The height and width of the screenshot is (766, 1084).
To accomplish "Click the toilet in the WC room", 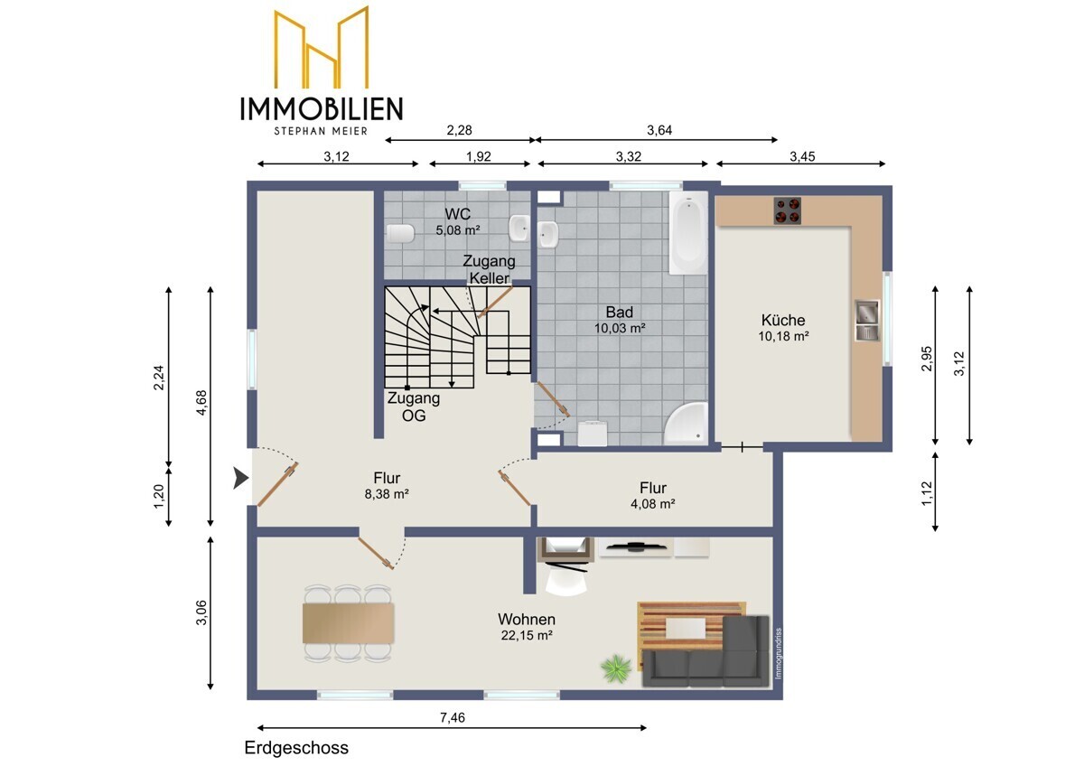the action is [400, 234].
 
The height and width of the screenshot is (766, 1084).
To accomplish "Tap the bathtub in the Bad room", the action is [688, 233].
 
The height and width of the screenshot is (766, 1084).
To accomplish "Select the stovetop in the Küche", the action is [787, 210].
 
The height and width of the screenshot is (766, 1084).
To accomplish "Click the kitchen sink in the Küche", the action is [866, 321].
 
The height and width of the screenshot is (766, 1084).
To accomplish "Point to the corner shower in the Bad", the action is [687, 423].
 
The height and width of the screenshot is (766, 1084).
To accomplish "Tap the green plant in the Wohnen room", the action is [616, 668].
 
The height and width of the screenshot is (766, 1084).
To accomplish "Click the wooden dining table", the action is [348, 622].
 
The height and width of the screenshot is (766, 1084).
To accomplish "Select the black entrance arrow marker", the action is [241, 478].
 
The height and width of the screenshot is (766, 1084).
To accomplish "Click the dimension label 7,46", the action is [452, 717].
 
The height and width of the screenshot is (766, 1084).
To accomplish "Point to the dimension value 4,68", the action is [201, 403].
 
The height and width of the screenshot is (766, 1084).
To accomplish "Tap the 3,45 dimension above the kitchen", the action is [802, 156].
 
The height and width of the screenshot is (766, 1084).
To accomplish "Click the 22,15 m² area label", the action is [527, 635].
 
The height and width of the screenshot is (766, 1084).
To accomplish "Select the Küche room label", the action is [783, 320].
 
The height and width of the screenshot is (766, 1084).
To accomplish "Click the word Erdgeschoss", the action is [296, 748].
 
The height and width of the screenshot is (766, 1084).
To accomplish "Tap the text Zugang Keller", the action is [489, 269].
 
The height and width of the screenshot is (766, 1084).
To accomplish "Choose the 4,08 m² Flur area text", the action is [653, 504].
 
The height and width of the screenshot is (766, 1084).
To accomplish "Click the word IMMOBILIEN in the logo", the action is [322, 108].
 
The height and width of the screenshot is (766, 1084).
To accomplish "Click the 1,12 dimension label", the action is [926, 493].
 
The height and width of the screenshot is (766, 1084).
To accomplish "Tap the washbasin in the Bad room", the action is [549, 234].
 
